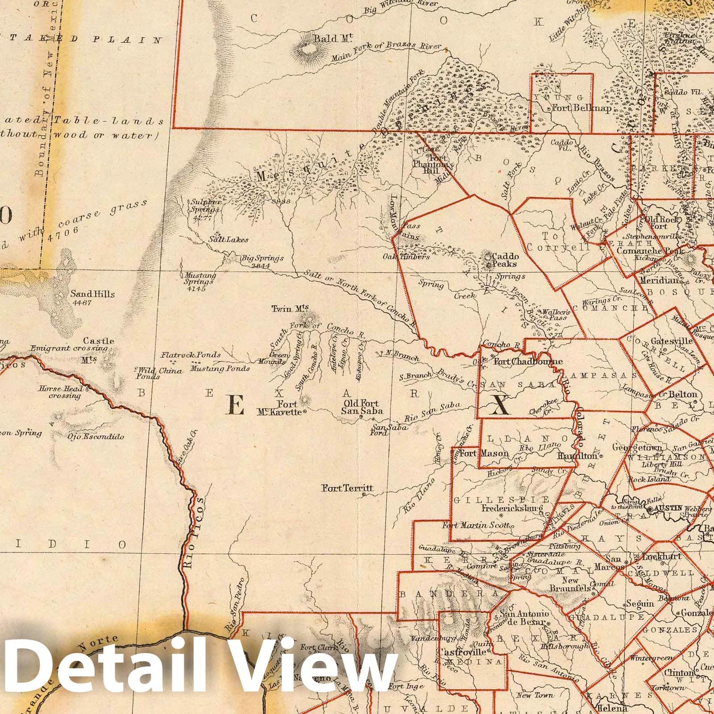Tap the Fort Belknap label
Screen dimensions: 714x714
pyautogui.click(x=581, y=108)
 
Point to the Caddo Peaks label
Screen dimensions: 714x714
pyautogui.click(x=505, y=260)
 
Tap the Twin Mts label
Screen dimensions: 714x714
pyautogui.click(x=291, y=308)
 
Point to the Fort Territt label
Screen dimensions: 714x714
pyautogui.click(x=348, y=488)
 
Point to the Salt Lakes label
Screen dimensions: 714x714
pyautogui.click(x=228, y=240)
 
